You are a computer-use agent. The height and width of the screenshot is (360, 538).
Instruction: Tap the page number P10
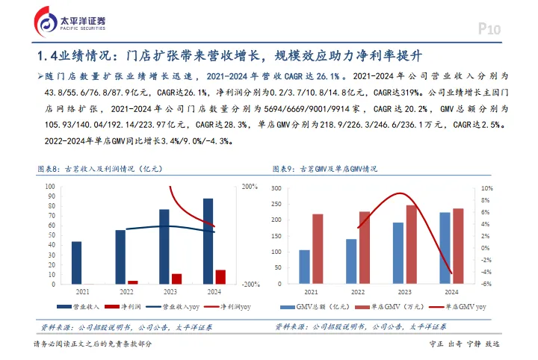[x=489, y=29]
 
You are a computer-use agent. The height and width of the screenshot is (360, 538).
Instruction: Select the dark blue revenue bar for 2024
[x=208, y=240]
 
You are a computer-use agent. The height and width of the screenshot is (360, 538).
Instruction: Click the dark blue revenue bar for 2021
[x=77, y=262]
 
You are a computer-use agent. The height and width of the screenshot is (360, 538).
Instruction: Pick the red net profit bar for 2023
[x=176, y=279]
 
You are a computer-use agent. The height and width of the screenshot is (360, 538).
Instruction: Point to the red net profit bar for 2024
[x=220, y=276]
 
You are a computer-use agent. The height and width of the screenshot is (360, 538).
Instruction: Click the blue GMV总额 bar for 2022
[x=351, y=261]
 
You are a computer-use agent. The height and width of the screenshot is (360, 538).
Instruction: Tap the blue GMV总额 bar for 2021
[x=304, y=267]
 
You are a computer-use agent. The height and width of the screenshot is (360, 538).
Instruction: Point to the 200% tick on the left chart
[x=250, y=186]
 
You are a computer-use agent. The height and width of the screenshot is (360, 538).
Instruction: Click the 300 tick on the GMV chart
[x=276, y=188]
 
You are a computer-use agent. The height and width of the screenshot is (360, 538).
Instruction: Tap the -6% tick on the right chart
[x=486, y=284]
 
